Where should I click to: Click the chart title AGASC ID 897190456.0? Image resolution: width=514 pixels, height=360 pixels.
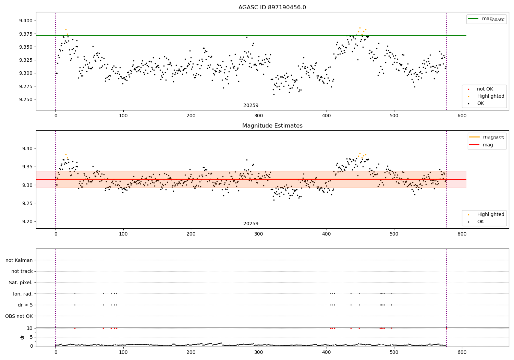(272, 8)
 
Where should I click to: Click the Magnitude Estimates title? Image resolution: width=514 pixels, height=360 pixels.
(272, 126)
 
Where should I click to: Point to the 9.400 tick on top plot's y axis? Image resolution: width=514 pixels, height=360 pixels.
(26, 21)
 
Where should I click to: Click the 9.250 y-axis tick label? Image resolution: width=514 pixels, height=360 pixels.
(26, 99)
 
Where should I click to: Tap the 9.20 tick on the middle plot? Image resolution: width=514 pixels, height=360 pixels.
(27, 221)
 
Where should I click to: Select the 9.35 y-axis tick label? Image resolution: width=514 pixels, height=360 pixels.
(27, 167)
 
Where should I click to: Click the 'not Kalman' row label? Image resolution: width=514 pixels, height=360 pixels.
(19, 260)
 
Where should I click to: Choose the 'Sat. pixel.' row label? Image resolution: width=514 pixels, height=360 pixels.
(21, 283)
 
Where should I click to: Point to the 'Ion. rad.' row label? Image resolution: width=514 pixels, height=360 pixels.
(23, 294)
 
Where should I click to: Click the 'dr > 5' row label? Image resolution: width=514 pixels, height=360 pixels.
(25, 305)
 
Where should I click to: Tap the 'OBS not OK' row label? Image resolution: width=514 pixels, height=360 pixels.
(19, 316)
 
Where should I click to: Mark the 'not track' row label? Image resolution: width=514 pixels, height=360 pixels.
(22, 272)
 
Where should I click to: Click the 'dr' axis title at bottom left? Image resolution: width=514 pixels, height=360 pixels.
(22, 337)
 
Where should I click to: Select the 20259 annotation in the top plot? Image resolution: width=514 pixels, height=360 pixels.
(251, 106)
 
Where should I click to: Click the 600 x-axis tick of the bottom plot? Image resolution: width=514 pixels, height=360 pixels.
(462, 352)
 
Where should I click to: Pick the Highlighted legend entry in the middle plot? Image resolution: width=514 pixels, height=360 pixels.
(490, 214)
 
